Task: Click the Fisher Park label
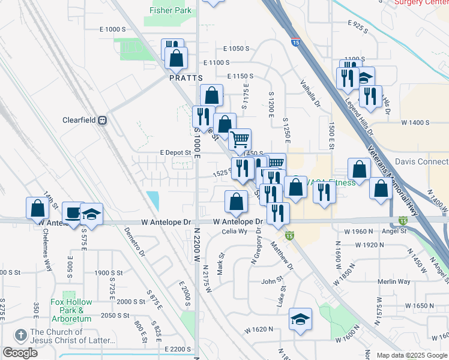(x=170, y=10)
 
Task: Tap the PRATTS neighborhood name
(x=185, y=78)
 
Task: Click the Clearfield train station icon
(x=103, y=119)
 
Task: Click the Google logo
(x=20, y=353)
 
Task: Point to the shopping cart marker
(x=240, y=140)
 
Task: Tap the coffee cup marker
(x=73, y=213)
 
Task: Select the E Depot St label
(x=175, y=152)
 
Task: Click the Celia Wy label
(x=235, y=232)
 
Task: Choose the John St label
(x=272, y=281)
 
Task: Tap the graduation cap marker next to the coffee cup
(x=91, y=214)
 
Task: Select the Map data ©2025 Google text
(x=411, y=355)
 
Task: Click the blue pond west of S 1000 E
(x=153, y=200)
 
